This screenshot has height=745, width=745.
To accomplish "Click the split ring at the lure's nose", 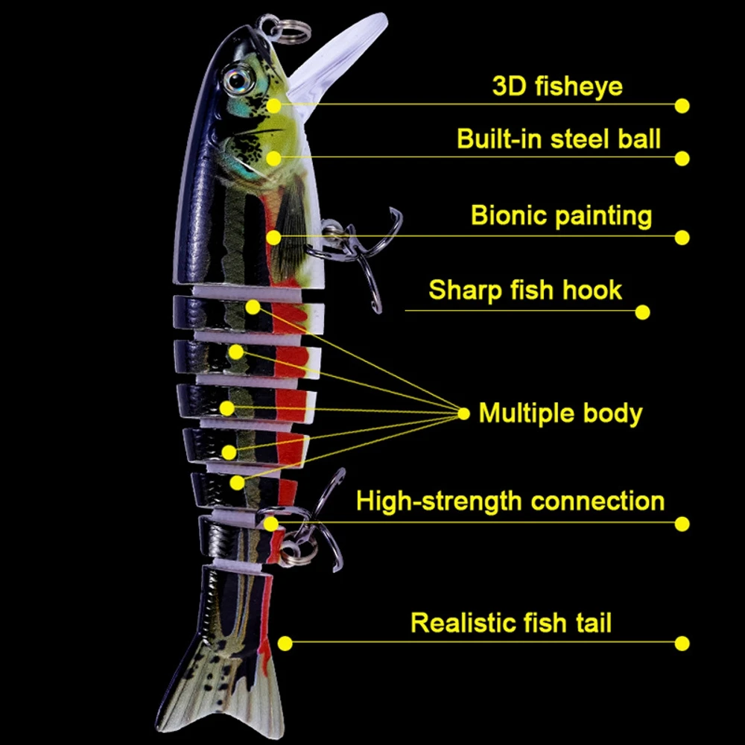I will pyautogui.click(x=283, y=28).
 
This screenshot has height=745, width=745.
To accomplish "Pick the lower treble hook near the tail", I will pyautogui.click(x=313, y=521).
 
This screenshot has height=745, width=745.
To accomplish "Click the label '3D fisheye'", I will pyautogui.click(x=557, y=86).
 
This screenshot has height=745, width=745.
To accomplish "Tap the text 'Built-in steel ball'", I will pyautogui.click(x=559, y=139).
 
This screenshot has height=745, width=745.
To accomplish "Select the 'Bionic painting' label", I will pyautogui.click(x=561, y=216).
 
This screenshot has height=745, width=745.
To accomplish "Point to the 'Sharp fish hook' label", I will pyautogui.click(x=525, y=290).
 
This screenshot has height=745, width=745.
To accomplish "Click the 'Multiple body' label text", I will pyautogui.click(x=560, y=413).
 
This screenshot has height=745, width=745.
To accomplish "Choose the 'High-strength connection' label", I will pyautogui.click(x=510, y=501).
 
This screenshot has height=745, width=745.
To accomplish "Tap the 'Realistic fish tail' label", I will pyautogui.click(x=511, y=622).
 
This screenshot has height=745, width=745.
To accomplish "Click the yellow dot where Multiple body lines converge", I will pyautogui.click(x=463, y=413).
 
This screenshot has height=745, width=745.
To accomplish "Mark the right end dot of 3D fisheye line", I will pyautogui.click(x=682, y=106).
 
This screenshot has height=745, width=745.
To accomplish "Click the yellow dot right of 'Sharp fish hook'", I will pyautogui.click(x=642, y=312).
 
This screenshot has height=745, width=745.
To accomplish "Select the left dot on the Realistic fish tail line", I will pyautogui.click(x=284, y=643).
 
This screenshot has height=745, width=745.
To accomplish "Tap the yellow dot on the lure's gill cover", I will pyautogui.click(x=274, y=158).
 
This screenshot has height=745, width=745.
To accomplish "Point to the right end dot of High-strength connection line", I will pyautogui.click(x=682, y=524).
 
